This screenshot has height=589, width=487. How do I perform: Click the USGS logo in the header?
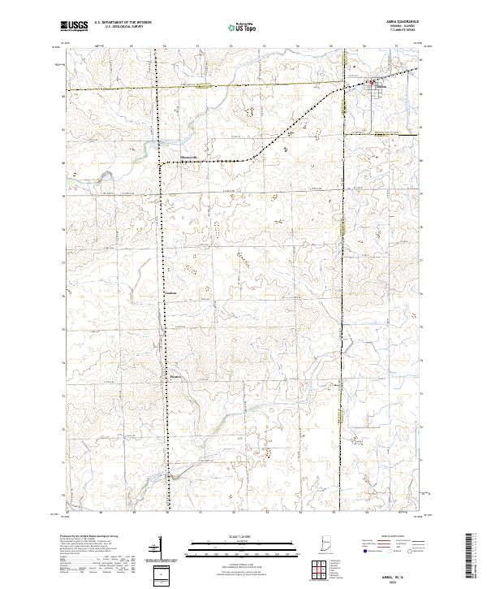coord(75,26)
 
